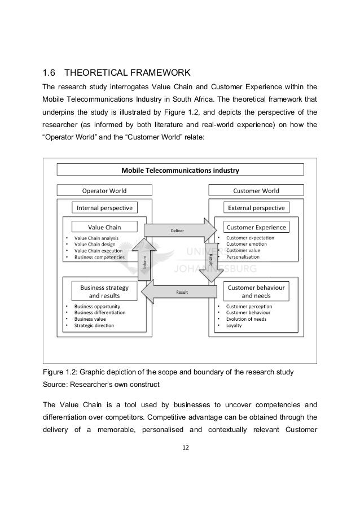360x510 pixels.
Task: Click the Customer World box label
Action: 257,190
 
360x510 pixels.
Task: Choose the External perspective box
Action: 257,207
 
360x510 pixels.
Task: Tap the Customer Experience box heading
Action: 257,227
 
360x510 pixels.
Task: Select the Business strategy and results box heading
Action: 104,291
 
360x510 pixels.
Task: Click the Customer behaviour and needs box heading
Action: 257,291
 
